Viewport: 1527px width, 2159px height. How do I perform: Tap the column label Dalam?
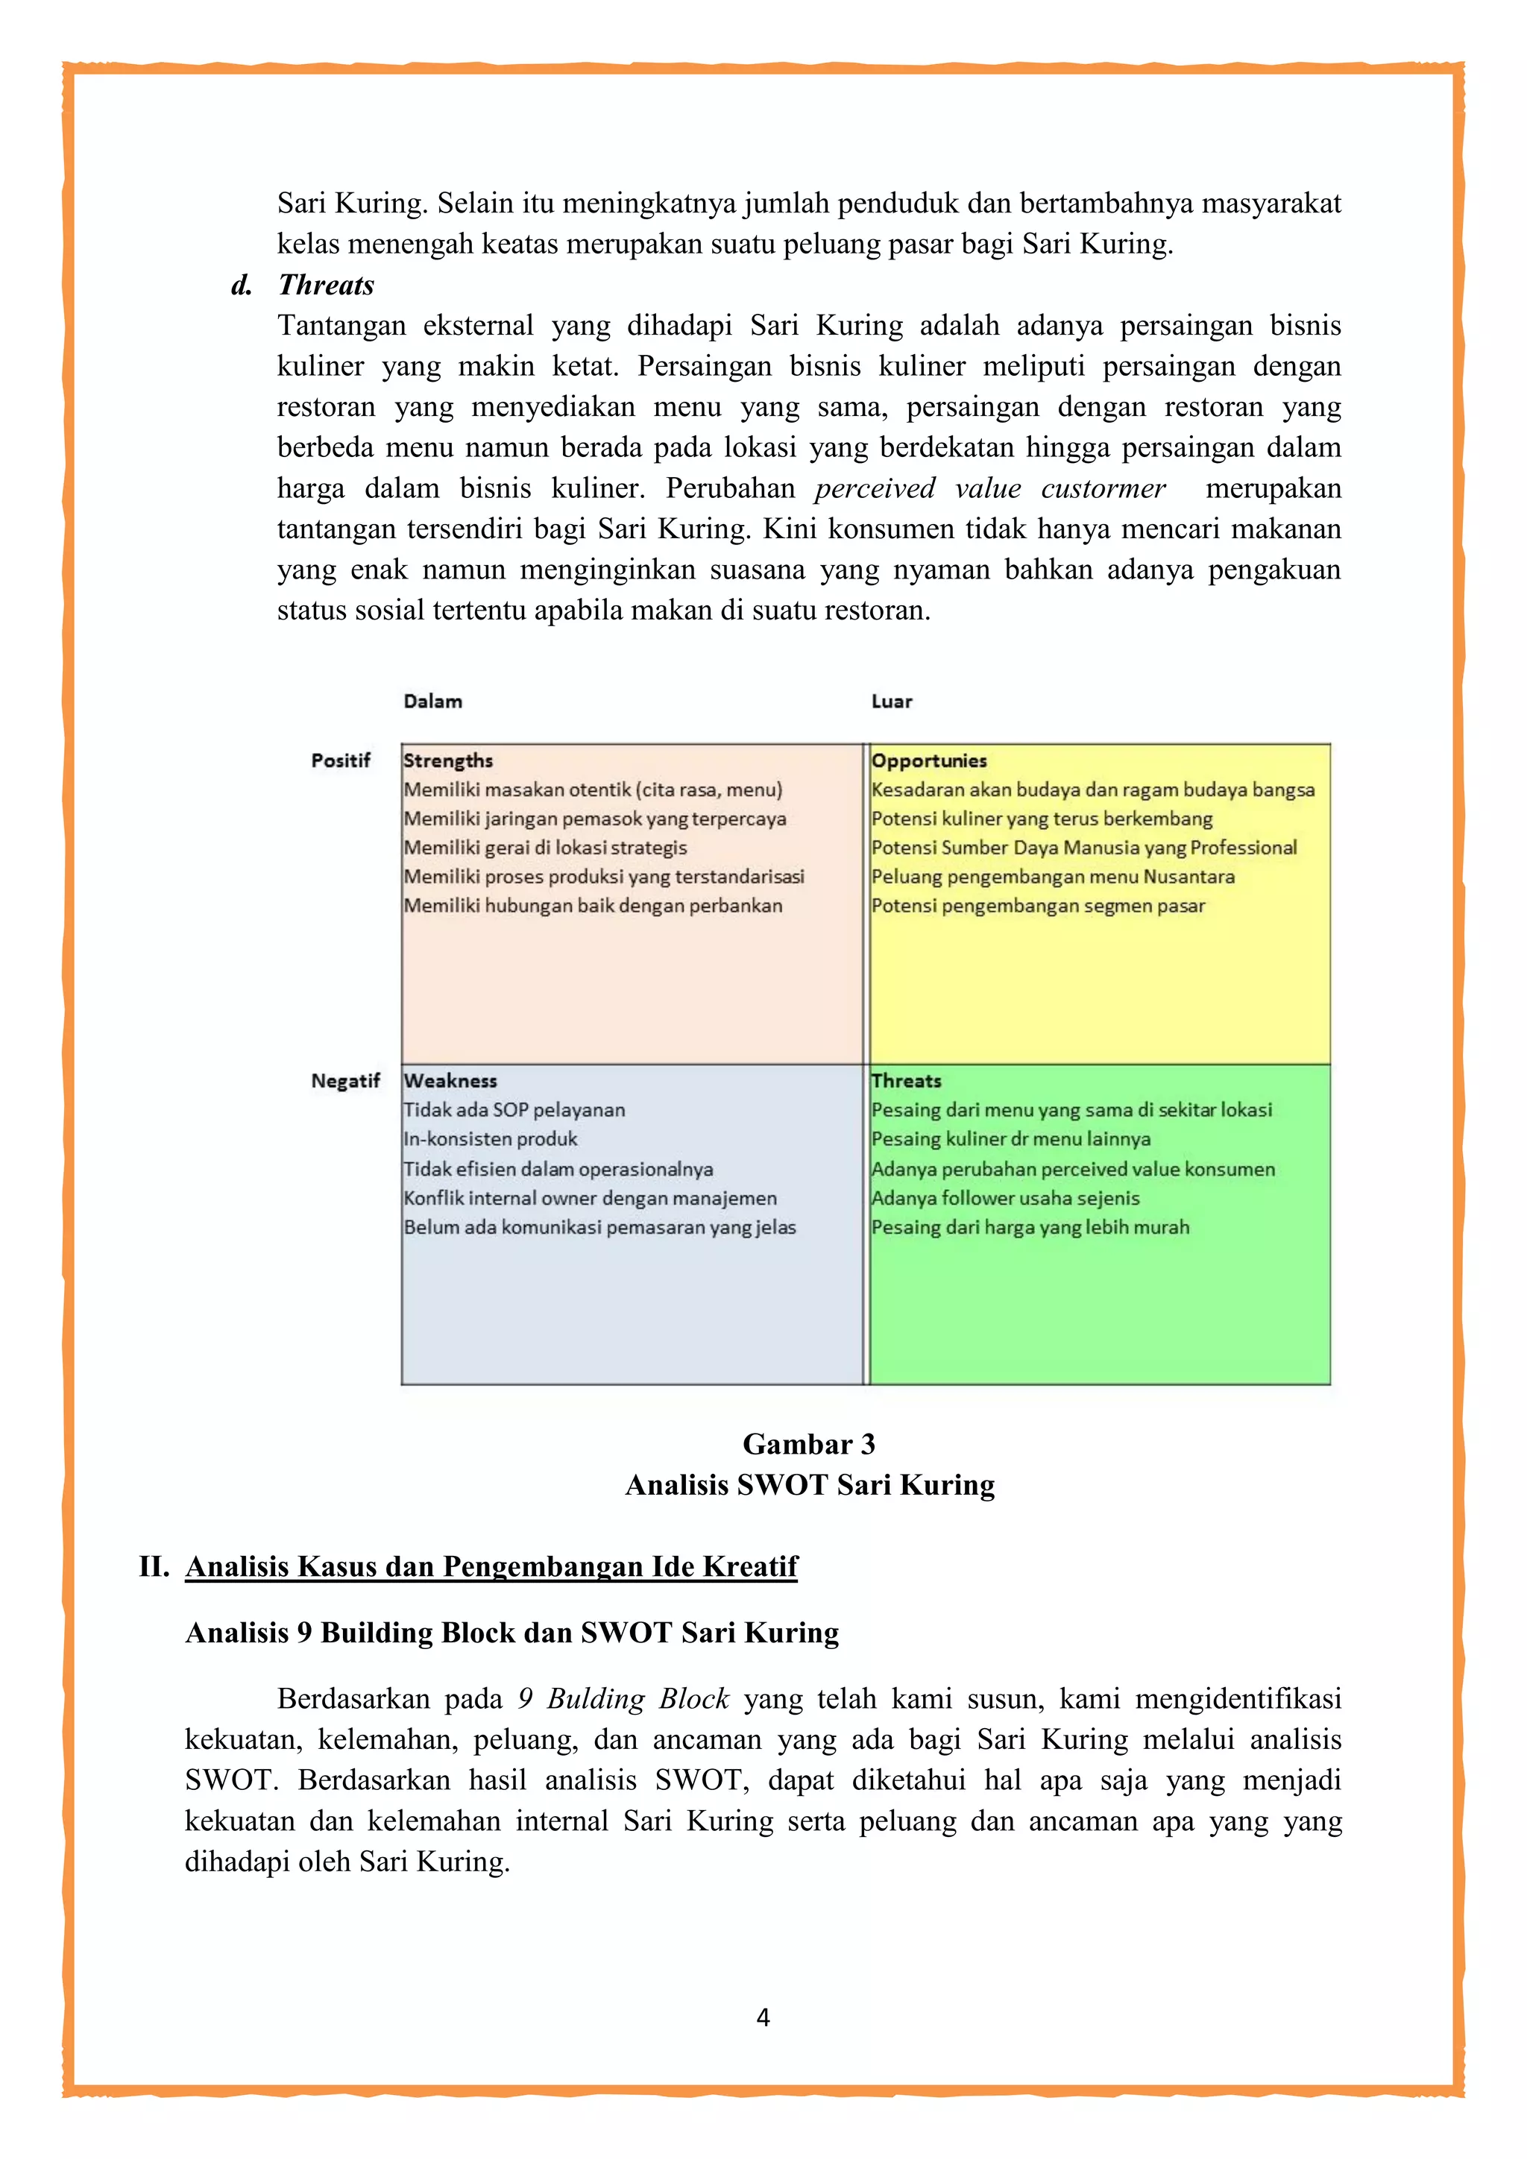pos(432,702)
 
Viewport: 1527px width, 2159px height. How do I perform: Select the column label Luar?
pos(892,702)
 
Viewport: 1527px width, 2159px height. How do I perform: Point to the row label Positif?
pos(341,760)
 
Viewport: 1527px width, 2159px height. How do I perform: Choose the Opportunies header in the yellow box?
pos(928,760)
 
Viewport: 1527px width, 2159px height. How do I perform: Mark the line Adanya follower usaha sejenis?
pos(1005,1199)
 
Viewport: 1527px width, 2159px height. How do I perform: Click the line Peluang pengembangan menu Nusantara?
pos(1052,877)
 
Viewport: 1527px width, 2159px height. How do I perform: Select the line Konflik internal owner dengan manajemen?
pos(590,1199)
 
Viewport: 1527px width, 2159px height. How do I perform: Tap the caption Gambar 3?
pos(809,1444)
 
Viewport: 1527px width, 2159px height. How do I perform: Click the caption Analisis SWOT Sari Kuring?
pos(810,1486)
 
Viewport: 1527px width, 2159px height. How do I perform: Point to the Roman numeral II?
pos(154,1566)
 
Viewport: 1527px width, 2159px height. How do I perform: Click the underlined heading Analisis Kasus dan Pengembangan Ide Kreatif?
pos(491,1566)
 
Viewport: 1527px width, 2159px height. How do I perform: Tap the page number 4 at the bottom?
pos(763,2018)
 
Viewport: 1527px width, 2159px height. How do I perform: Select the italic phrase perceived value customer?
pos(989,489)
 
